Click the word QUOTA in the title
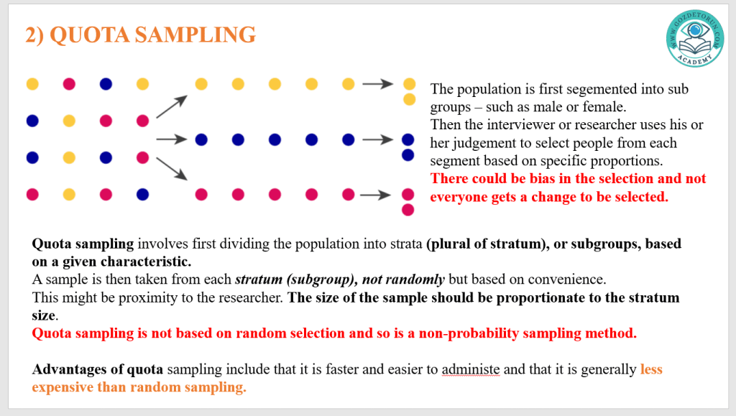90,34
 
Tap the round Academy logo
695,39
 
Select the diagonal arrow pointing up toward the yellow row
172,106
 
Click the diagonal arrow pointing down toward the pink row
172,168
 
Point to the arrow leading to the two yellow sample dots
378,84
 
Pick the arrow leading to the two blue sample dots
378,139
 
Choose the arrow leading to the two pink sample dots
375,195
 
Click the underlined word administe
471,369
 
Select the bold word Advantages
69,369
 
